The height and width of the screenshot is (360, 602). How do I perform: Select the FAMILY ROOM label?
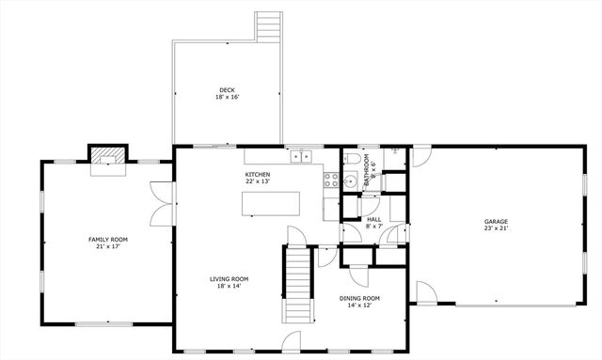pyautogui.click(x=108, y=240)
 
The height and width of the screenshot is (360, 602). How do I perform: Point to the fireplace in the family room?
pyautogui.click(x=107, y=160)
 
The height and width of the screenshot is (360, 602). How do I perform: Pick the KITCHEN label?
pyautogui.click(x=258, y=175)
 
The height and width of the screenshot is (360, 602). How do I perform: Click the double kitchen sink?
pyautogui.click(x=301, y=157)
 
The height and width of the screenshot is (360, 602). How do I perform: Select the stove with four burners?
pyautogui.click(x=331, y=179)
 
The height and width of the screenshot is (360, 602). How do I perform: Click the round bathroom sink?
pyautogui.click(x=348, y=180)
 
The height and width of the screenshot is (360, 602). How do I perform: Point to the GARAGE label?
pyautogui.click(x=496, y=220)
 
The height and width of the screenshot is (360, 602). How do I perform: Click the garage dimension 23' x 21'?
pyautogui.click(x=496, y=227)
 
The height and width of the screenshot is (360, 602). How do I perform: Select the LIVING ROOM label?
pyautogui.click(x=229, y=279)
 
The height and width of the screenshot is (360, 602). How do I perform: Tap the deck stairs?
pyautogui.click(x=269, y=25)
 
